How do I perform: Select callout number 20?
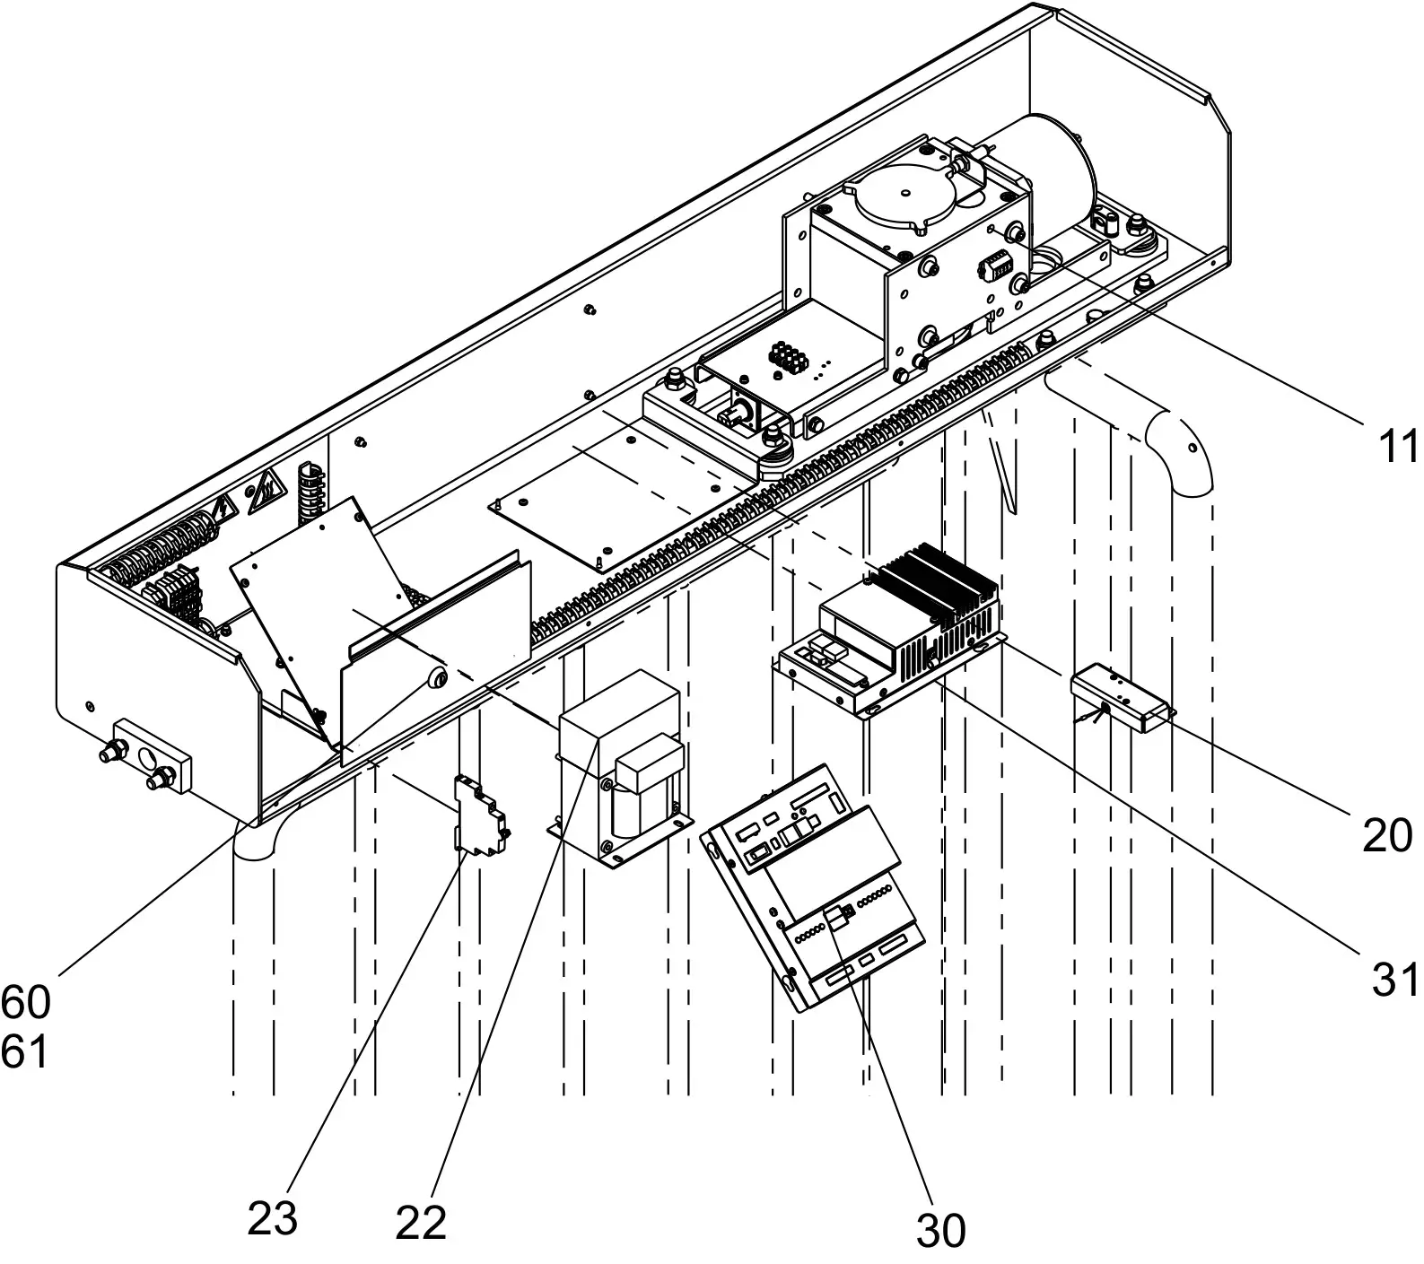coord(1386,836)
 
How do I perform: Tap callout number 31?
coord(1395,981)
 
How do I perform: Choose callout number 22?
coord(421,1222)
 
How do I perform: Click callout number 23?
coord(272,1218)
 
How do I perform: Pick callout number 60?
coord(25,1002)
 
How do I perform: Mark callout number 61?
coord(24,1051)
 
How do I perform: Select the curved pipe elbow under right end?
coord(1180,449)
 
